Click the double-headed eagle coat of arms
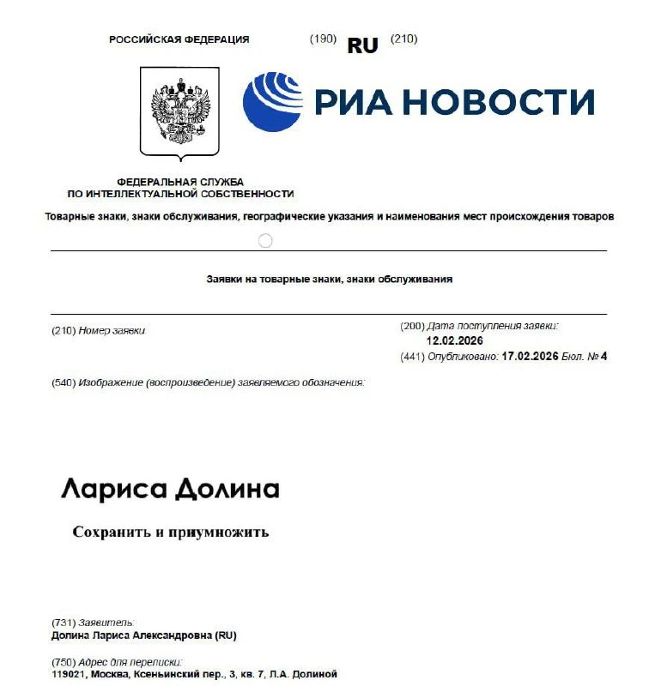tap(179, 112)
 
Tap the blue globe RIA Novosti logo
tap(272, 102)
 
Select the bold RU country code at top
tap(362, 46)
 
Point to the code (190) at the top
tap(323, 39)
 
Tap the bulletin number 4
tap(603, 356)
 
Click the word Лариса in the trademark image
tap(112, 490)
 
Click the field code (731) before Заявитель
tap(64, 622)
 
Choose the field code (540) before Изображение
tap(64, 382)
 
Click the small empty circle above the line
tap(265, 241)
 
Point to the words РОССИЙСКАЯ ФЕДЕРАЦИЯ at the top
tap(179, 39)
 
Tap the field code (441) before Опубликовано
tap(413, 356)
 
